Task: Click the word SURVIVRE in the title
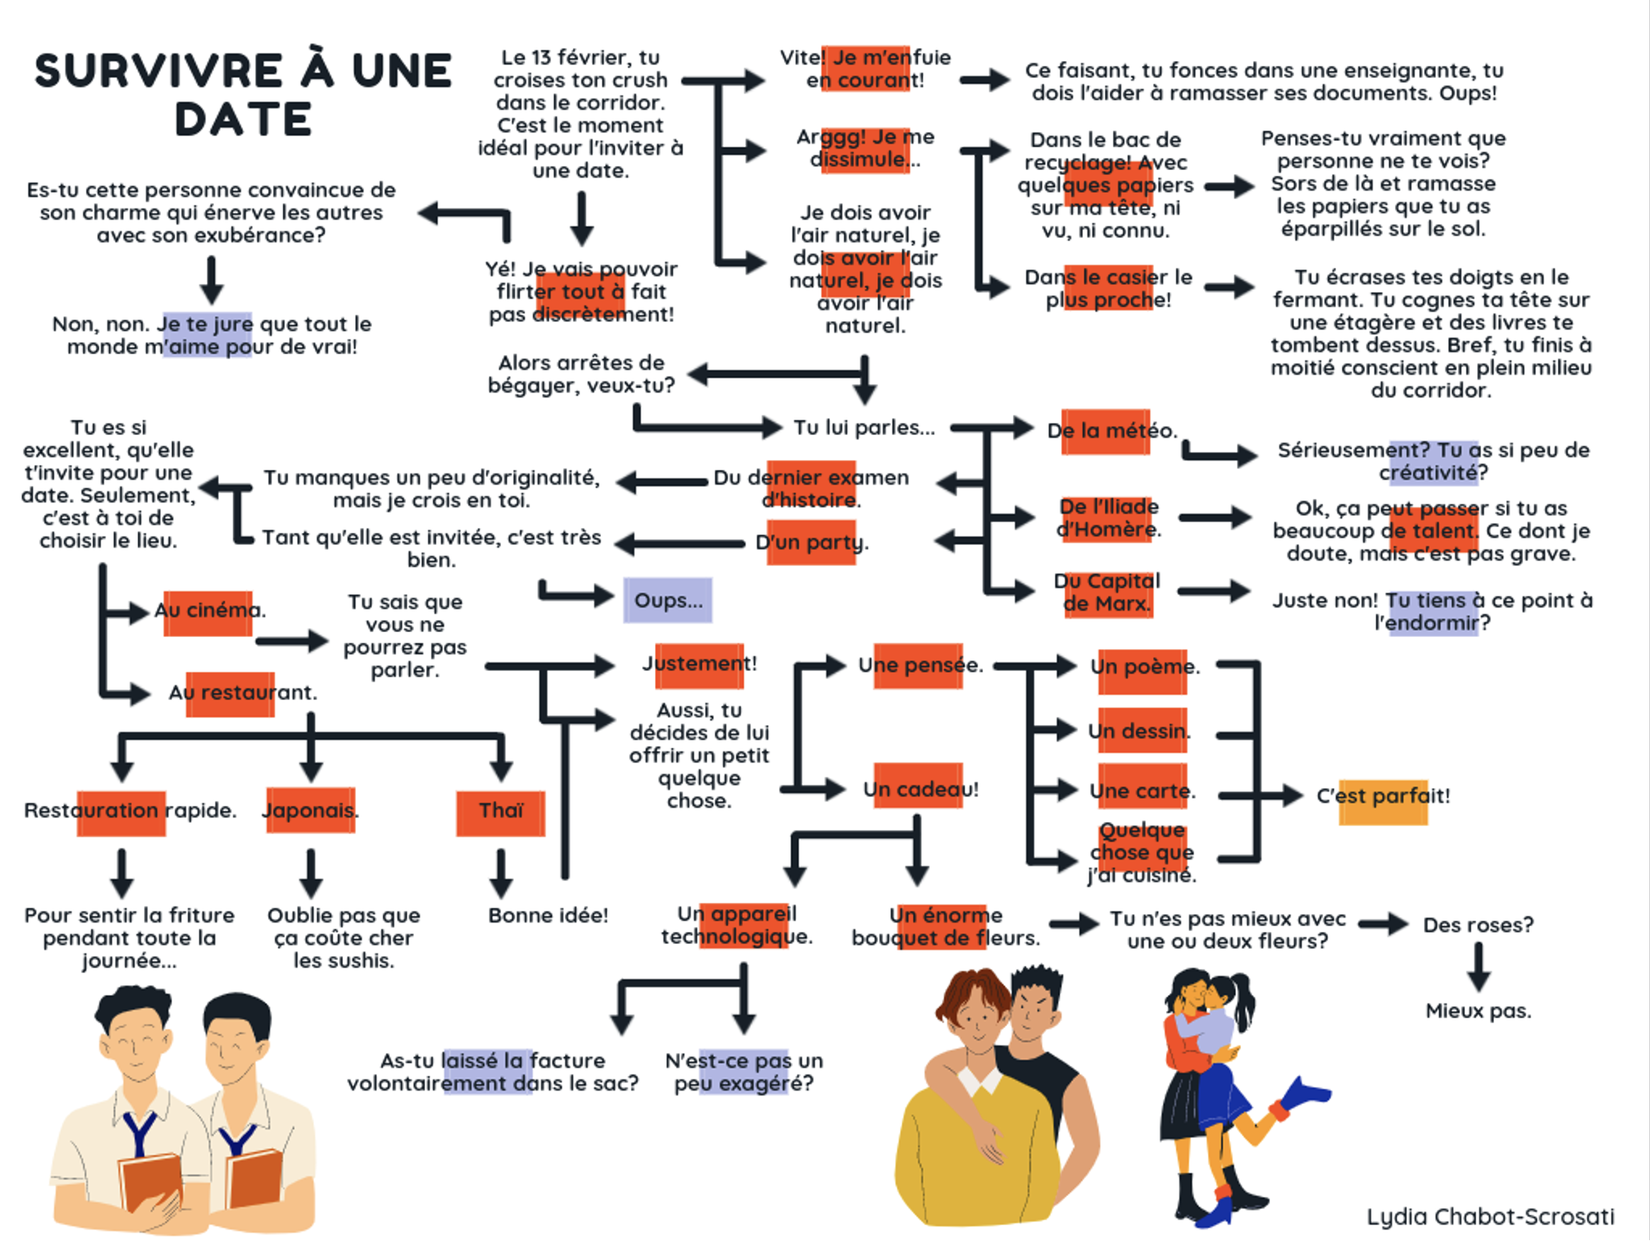tap(158, 71)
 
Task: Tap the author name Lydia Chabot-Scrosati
tap(1490, 1216)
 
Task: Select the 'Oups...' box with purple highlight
tap(668, 600)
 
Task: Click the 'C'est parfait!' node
tap(1383, 797)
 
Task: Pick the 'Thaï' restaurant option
tap(500, 811)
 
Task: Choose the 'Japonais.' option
tap(310, 811)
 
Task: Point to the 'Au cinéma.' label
tap(210, 611)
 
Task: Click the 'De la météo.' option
tap(1111, 431)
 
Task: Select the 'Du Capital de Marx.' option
tap(1107, 592)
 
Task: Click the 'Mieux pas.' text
tap(1478, 1011)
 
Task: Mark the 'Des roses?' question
tap(1478, 926)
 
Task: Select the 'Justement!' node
tap(700, 663)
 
